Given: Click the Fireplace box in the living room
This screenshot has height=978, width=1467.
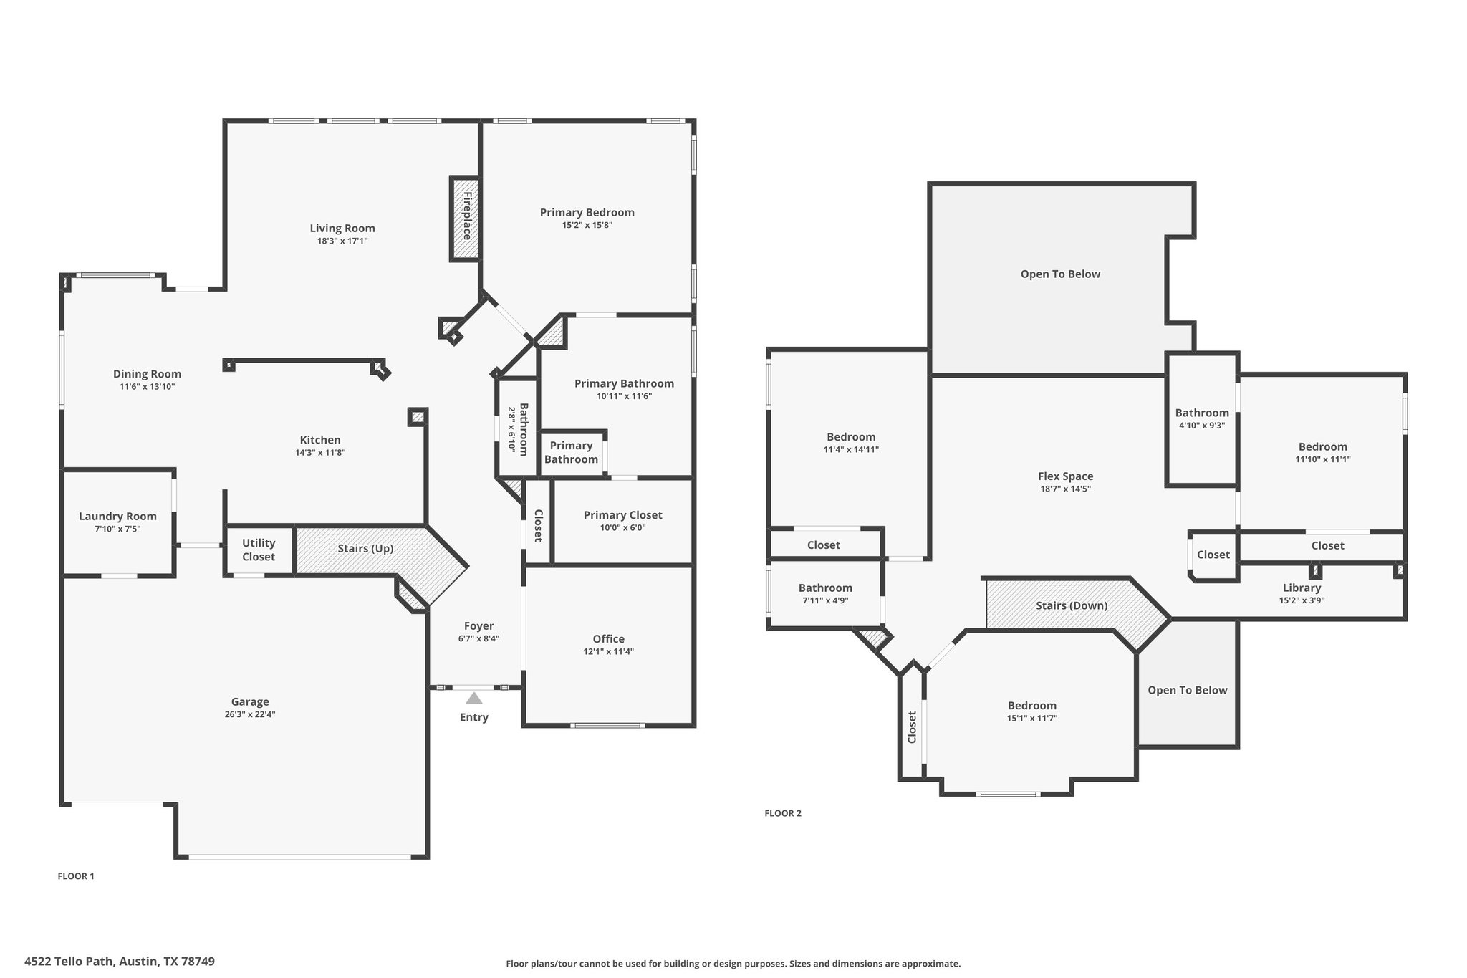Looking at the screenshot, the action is click(x=465, y=219).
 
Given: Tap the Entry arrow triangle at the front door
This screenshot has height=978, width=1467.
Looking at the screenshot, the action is click(x=474, y=699).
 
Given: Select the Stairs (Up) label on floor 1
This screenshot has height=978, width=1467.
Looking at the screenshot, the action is click(x=365, y=549).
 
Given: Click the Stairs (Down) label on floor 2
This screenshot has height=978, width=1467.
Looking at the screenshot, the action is click(x=1072, y=606).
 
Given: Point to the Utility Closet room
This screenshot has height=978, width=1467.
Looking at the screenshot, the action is click(x=259, y=550).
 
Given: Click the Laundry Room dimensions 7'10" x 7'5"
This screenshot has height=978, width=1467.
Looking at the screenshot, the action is click(x=117, y=529).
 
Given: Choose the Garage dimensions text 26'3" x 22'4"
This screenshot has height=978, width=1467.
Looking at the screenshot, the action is click(x=250, y=714).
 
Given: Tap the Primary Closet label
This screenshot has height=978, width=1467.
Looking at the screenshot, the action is click(x=622, y=515).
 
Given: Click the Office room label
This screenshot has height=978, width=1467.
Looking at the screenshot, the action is click(x=608, y=639).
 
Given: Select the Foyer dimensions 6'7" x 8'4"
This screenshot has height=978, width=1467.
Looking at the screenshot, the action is click(x=478, y=638).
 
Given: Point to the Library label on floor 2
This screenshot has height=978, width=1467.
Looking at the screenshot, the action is click(x=1302, y=588).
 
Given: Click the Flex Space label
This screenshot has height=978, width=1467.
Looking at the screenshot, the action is click(x=1065, y=476).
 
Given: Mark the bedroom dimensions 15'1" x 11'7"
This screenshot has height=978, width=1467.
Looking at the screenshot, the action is click(x=1031, y=718).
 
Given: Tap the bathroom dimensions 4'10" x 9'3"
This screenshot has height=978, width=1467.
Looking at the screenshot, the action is click(x=1201, y=425).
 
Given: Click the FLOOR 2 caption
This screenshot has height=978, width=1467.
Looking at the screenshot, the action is click(x=783, y=813).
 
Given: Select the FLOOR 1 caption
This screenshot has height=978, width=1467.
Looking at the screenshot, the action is click(x=76, y=876).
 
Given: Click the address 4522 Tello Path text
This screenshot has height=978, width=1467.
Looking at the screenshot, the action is click(x=69, y=962).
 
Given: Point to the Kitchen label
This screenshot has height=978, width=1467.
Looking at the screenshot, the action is click(x=320, y=441).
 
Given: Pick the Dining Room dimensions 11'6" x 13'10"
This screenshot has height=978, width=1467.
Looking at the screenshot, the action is click(x=148, y=387).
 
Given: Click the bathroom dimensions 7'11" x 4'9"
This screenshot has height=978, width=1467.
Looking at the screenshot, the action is click(x=825, y=600).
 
